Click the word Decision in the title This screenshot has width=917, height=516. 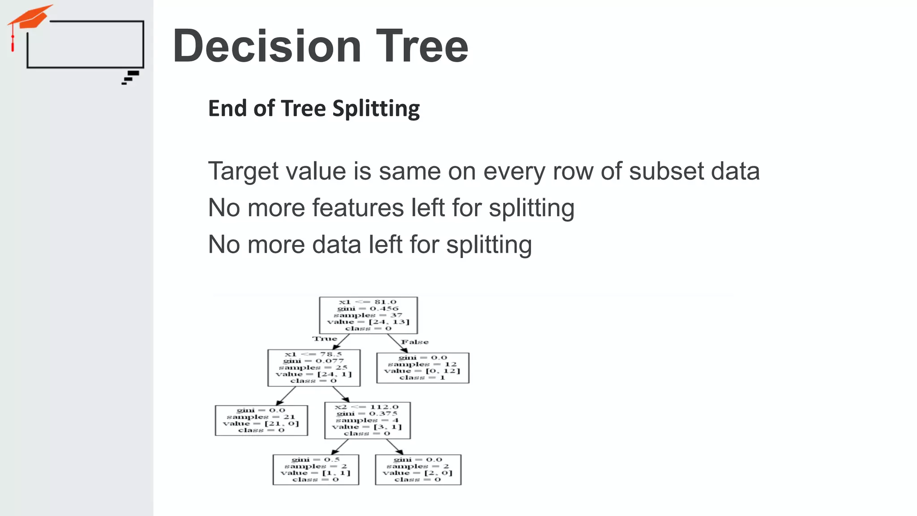click(267, 47)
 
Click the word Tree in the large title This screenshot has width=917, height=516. click(422, 47)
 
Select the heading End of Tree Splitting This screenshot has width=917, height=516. click(314, 109)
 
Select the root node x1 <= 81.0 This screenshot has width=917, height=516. click(368, 315)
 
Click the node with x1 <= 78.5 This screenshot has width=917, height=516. click(314, 368)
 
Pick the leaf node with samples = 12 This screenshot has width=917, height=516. click(423, 368)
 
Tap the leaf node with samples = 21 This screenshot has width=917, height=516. click(261, 420)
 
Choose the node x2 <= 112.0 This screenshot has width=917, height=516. click(367, 420)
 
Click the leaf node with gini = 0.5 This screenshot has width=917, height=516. click(316, 469)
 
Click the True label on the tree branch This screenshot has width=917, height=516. click(325, 339)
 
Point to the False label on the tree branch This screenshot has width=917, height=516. click(415, 342)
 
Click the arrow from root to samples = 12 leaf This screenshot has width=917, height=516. click(397, 344)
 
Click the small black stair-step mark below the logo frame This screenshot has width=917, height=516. click(130, 77)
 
